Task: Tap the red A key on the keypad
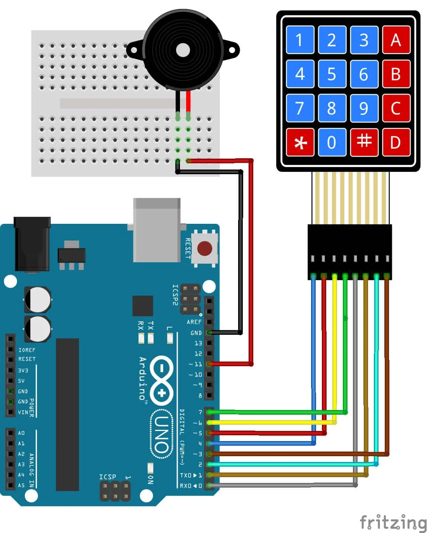396,40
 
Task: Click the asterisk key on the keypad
300,142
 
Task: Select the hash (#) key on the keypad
364,142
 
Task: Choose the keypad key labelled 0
332,142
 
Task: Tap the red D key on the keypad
396,142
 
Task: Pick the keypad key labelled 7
300,108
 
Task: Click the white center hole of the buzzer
183,50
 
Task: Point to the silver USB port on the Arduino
157,230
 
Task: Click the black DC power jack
32,244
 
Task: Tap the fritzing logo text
392,522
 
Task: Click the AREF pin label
194,322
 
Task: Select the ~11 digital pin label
195,364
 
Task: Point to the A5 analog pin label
21,485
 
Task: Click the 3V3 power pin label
23,370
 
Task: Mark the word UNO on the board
161,434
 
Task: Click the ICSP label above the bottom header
107,477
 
